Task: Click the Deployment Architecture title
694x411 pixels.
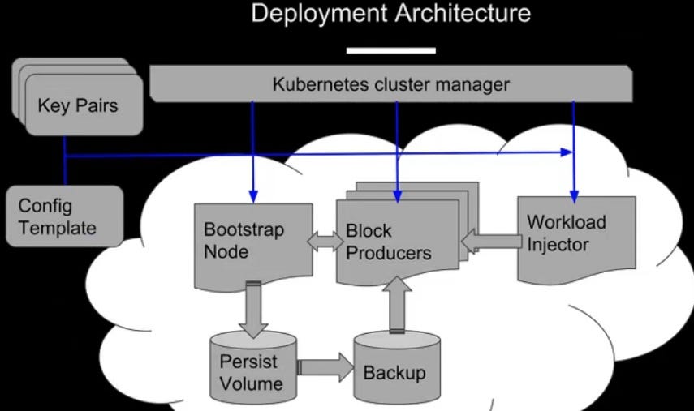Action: point(390,14)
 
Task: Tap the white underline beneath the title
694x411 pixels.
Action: point(390,50)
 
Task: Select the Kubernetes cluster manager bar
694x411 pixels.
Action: point(390,84)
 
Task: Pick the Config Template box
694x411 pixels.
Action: point(64,216)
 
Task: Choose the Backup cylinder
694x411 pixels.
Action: point(394,371)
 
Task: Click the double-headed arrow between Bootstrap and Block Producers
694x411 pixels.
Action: point(324,241)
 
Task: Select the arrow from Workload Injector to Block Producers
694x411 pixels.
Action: point(494,241)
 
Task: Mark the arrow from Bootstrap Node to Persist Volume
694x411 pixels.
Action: point(254,307)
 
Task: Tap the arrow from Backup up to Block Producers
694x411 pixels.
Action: point(398,304)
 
